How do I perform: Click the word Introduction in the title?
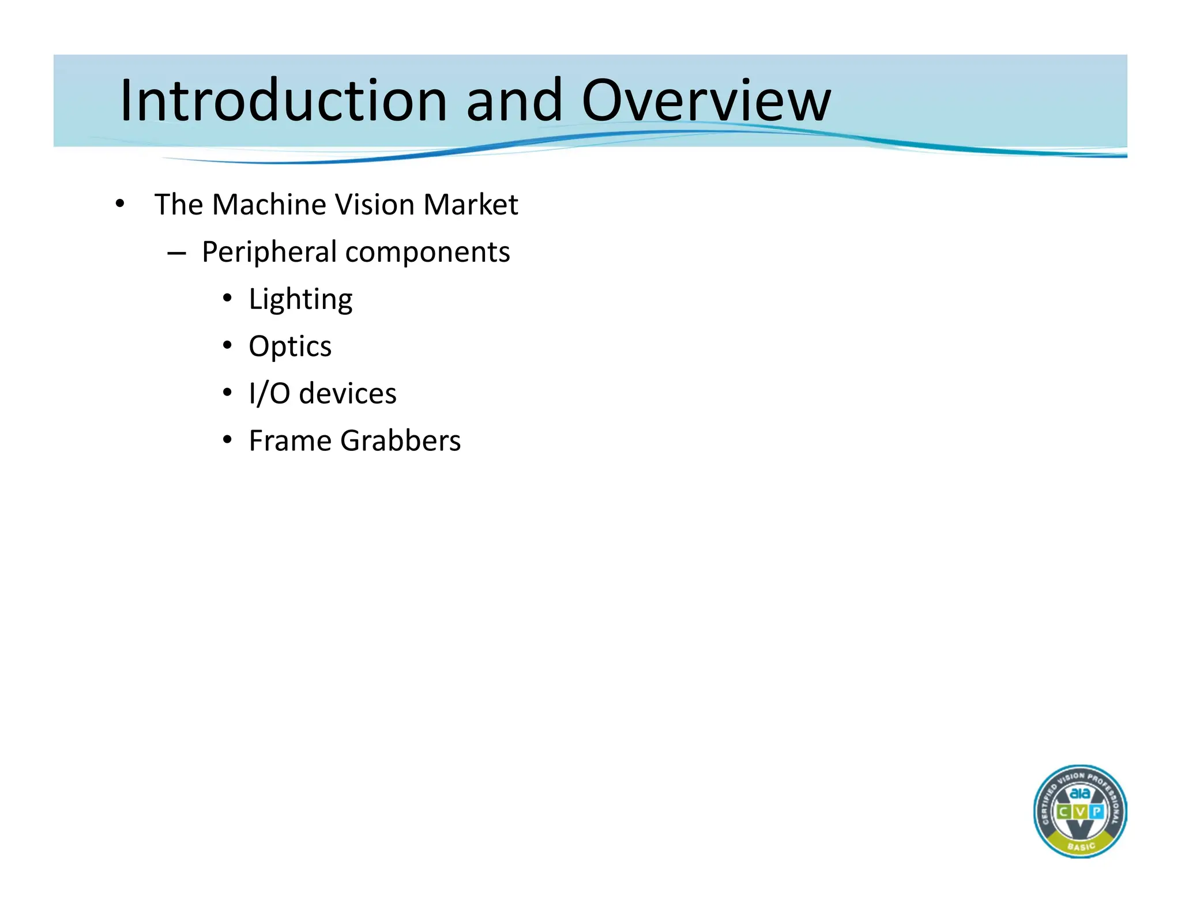283,100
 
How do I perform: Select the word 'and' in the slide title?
514,100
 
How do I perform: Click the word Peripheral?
269,252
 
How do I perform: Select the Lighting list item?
300,300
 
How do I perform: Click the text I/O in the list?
269,394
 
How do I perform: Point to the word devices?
348,394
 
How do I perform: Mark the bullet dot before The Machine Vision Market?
119,203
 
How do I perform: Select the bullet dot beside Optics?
227,345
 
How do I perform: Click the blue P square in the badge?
1096,812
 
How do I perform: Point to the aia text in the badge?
1080,793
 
